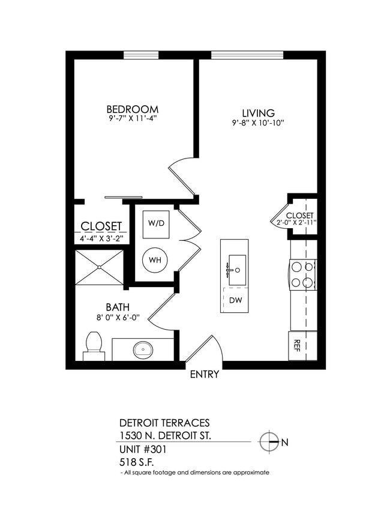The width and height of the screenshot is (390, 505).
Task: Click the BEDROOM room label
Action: (132, 109)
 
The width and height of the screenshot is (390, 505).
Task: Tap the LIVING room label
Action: (258, 113)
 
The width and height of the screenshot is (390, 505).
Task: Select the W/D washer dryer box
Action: (156, 223)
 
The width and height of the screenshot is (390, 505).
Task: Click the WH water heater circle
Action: (155, 260)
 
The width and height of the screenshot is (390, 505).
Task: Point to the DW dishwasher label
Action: (236, 300)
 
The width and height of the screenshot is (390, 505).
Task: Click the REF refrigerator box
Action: (297, 345)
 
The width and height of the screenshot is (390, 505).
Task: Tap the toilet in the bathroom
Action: (94, 346)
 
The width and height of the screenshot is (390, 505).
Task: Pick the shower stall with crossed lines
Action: (100, 268)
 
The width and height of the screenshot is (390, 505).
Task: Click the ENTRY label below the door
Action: (204, 375)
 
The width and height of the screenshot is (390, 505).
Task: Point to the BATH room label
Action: (117, 306)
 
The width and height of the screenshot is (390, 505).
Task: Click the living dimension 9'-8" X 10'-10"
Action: (258, 123)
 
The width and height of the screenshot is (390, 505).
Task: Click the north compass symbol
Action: (269, 442)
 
